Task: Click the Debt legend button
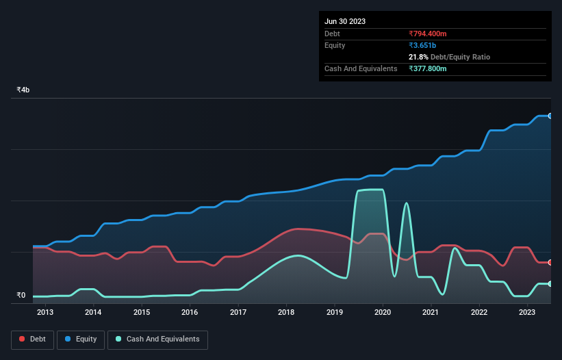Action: (x=31, y=339)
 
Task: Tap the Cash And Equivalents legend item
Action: (x=157, y=339)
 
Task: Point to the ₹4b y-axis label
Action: (x=23, y=90)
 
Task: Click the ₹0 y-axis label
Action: (x=21, y=296)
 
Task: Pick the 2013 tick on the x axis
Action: (x=45, y=313)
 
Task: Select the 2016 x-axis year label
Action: (x=190, y=313)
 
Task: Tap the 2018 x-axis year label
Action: (x=286, y=313)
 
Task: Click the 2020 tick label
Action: (x=383, y=313)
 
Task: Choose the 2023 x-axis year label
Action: (x=527, y=313)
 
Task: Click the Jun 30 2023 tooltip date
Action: (x=345, y=21)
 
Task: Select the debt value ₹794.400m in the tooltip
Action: (x=428, y=34)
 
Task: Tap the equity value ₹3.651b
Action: (x=422, y=45)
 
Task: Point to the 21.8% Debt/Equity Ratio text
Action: (x=449, y=57)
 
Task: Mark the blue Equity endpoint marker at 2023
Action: (x=550, y=116)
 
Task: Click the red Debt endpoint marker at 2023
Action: (x=550, y=262)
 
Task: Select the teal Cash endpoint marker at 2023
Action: (x=550, y=283)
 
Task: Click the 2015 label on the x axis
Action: (x=142, y=313)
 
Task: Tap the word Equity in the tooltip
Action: (x=335, y=45)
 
